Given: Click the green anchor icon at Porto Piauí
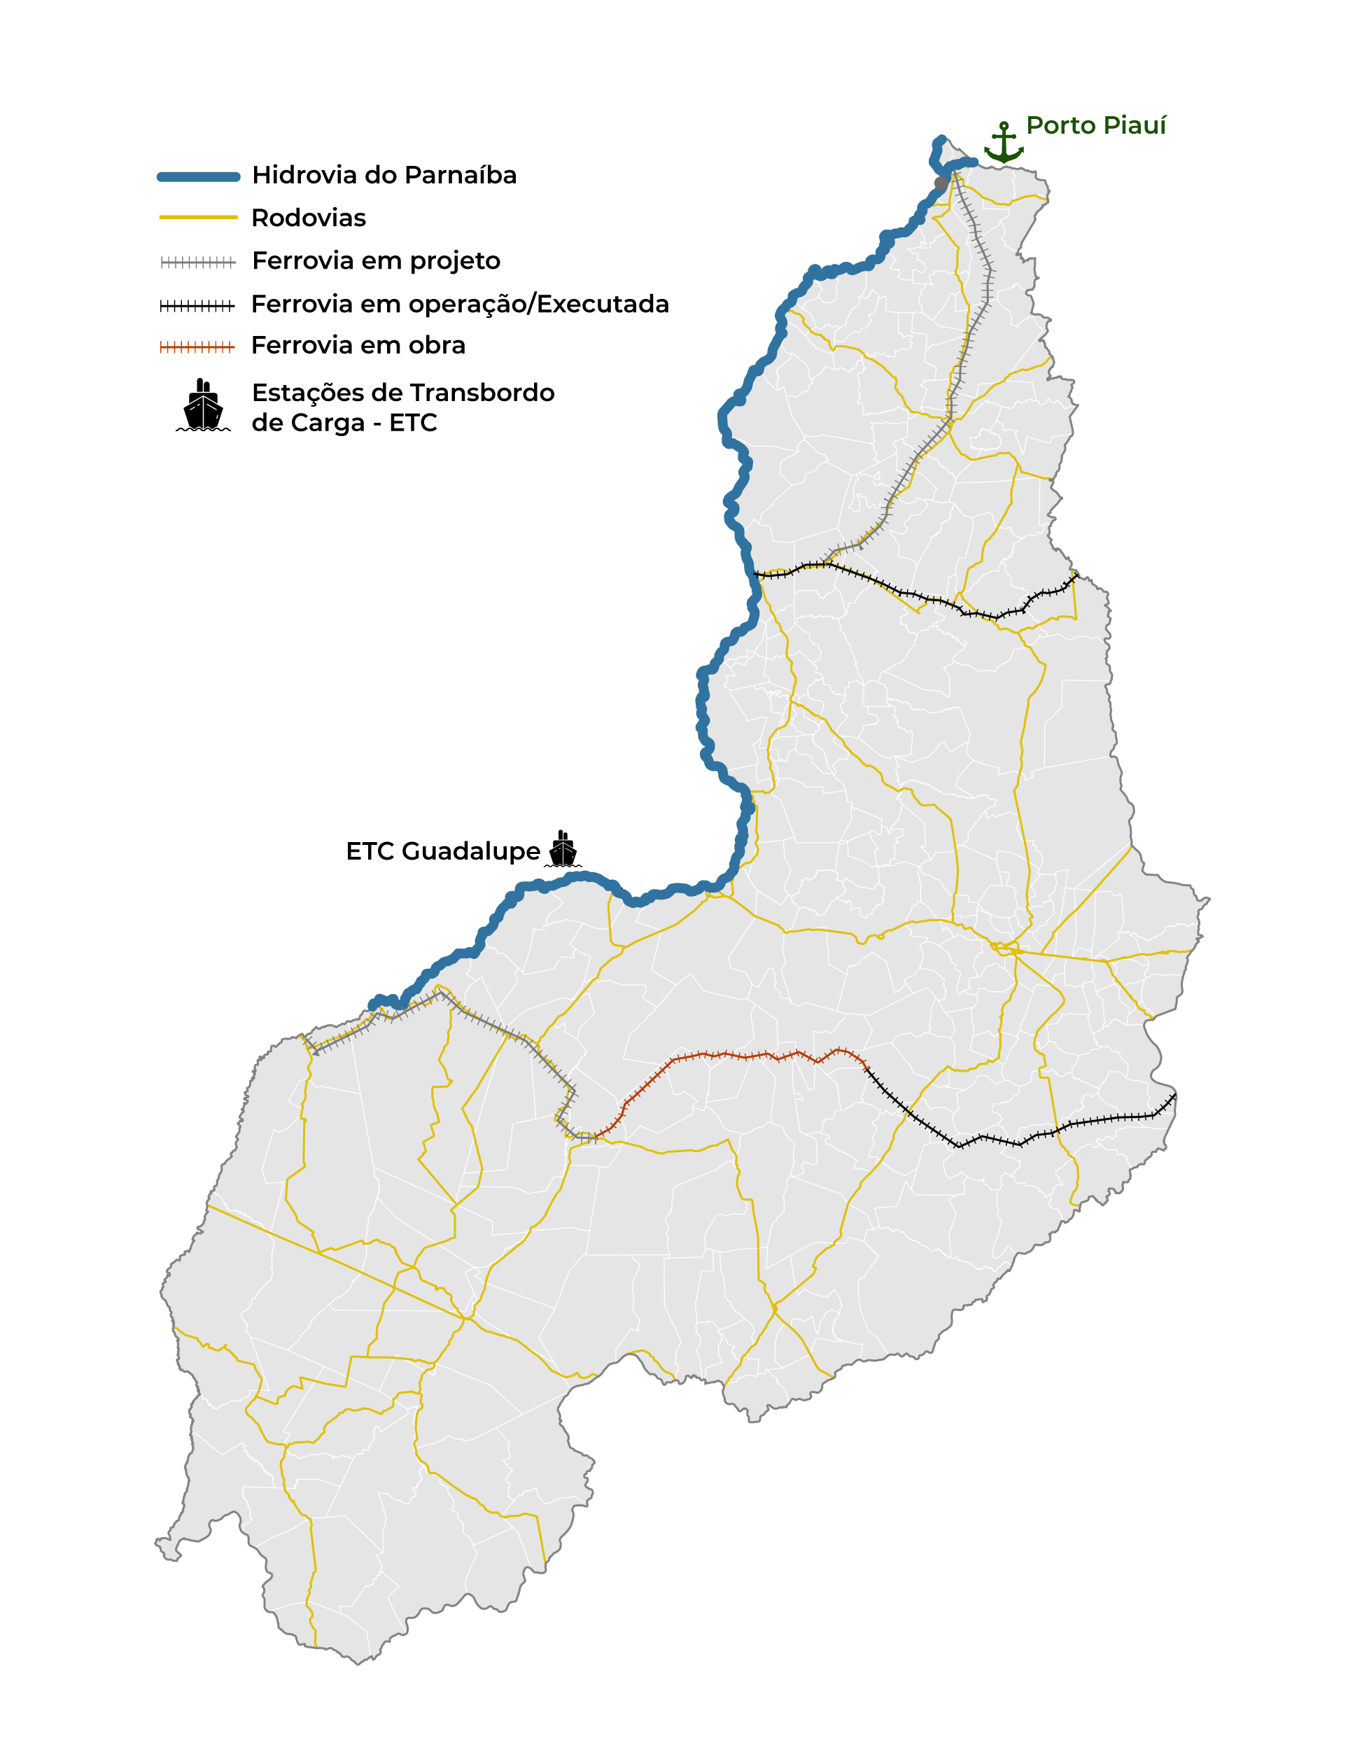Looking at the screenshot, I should tap(1003, 143).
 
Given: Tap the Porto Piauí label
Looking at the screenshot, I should tap(1095, 126).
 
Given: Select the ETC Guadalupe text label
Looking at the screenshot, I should tap(443, 851).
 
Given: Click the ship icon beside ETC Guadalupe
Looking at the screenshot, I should tap(563, 849).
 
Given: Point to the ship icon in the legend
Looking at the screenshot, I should tap(203, 406).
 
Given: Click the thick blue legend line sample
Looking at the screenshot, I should tap(198, 177).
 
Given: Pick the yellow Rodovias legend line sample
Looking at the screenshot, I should tap(198, 217).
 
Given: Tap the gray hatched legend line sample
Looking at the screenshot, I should tap(198, 262).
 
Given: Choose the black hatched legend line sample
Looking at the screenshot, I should tap(198, 305).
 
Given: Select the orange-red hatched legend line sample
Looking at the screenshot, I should tap(198, 347).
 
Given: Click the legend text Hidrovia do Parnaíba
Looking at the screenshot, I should tap(384, 176).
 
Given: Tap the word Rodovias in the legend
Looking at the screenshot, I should tap(309, 218).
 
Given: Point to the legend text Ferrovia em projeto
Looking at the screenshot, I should tap(376, 261).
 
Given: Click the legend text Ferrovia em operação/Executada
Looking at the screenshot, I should tap(460, 304).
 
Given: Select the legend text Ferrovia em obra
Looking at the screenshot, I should tap(358, 345).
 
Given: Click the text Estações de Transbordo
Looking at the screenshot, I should tap(403, 393).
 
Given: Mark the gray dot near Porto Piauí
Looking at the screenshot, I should tap(941, 183).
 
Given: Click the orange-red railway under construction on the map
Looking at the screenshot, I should tap(745, 1056).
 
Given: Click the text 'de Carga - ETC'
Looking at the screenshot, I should tap(344, 423).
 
